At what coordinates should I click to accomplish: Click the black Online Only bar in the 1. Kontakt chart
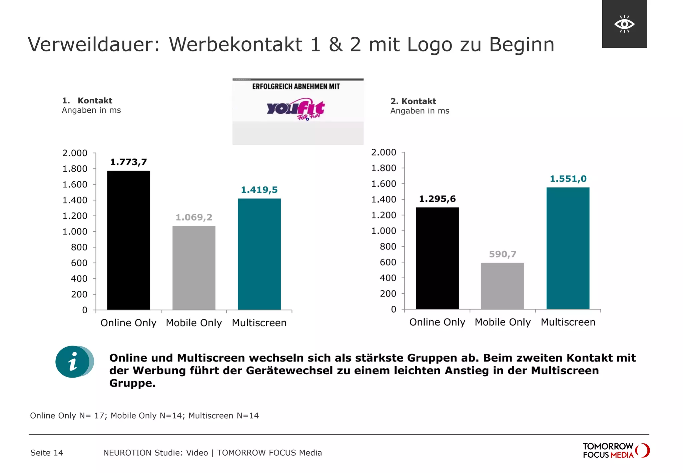(128, 240)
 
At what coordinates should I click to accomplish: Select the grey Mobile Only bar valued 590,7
(502, 286)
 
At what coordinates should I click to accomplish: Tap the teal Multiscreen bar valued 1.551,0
(568, 248)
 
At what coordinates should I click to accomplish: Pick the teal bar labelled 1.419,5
(259, 254)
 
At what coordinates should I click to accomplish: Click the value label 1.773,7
(128, 162)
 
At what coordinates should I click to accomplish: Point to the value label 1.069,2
(194, 217)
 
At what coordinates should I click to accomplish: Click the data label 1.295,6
(437, 199)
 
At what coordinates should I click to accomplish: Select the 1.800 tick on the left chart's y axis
(75, 169)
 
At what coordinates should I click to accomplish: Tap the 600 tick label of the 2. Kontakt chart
(388, 262)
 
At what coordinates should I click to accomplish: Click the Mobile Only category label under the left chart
(194, 323)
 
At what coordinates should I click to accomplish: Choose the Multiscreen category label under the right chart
(568, 322)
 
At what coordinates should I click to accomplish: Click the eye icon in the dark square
(624, 24)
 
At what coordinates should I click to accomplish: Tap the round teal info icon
(73, 362)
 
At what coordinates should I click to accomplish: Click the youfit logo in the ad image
(295, 109)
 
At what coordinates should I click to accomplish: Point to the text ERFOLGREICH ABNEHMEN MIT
(296, 87)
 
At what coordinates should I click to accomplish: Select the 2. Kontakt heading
(413, 101)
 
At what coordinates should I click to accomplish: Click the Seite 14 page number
(47, 453)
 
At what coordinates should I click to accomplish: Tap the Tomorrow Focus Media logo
(616, 450)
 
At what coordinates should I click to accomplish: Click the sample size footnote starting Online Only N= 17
(144, 416)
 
